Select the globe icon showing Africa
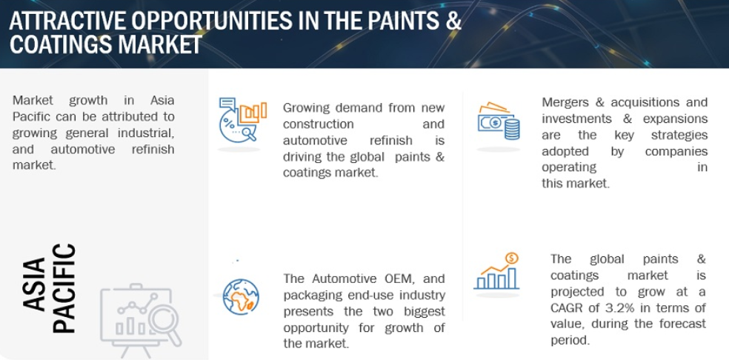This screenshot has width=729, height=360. click(x=241, y=296)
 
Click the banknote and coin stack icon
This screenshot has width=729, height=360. click(x=499, y=121)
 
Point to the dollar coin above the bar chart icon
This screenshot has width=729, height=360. click(x=511, y=258)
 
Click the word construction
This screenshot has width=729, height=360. click(x=319, y=124)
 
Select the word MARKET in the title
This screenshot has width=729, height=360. click(x=156, y=45)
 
